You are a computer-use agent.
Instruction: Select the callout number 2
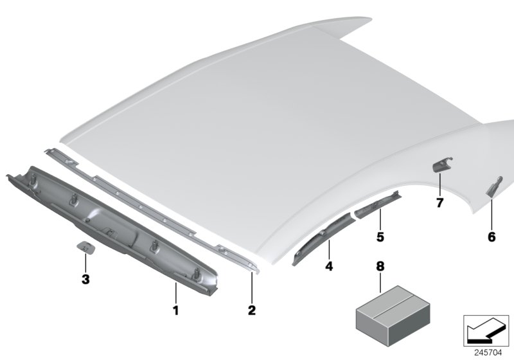pyautogui.click(x=252, y=310)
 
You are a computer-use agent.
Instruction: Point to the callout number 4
pyautogui.click(x=328, y=265)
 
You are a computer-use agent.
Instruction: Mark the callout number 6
pyautogui.click(x=492, y=237)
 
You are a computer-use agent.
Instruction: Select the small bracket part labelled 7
pyautogui.click(x=441, y=165)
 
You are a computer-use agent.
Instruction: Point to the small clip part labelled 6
pyautogui.click(x=492, y=187)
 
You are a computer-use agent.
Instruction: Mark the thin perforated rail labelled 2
pyautogui.click(x=161, y=212)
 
